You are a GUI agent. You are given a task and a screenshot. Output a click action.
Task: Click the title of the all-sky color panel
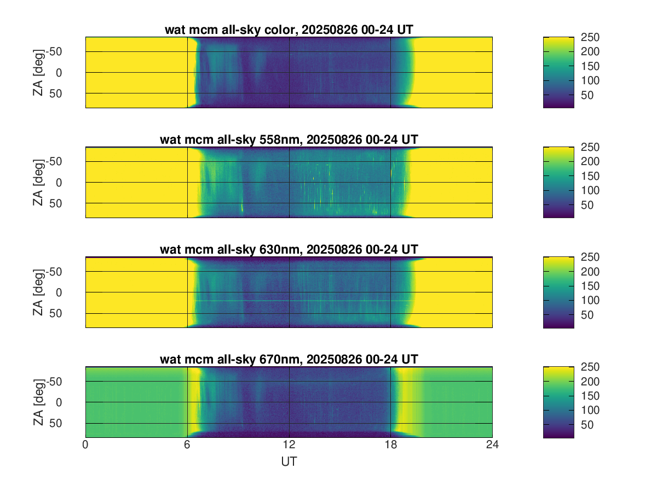pos(289,30)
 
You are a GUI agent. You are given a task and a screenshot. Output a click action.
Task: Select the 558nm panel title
pos(289,140)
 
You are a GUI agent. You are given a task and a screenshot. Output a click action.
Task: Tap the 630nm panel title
pos(289,250)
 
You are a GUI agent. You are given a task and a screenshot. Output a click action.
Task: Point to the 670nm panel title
pos(289,359)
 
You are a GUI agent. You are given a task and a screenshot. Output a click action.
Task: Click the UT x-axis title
pos(289,461)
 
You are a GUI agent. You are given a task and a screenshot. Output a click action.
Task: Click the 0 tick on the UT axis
pos(85,445)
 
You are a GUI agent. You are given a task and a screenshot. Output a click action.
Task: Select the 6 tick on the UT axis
pos(187,445)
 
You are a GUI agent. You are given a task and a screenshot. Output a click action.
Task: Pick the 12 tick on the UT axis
pos(289,445)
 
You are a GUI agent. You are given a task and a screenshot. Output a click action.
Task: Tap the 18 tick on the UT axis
pos(390,445)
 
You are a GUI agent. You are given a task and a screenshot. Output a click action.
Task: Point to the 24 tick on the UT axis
pos(492,445)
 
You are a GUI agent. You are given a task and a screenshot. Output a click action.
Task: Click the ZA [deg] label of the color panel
pos(38,72)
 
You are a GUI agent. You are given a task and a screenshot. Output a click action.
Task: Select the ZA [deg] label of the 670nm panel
pos(38,402)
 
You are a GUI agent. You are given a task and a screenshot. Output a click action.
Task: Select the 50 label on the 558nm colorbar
pos(587,205)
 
